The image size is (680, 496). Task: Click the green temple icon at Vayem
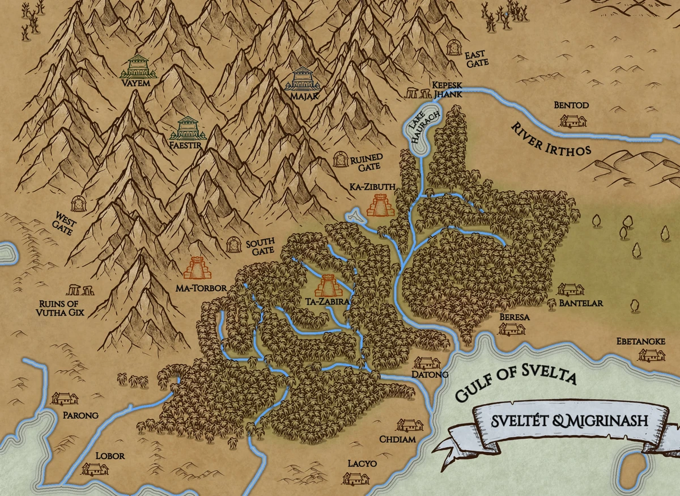click(x=138, y=66)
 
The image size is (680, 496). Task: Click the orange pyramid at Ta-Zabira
click(x=329, y=287)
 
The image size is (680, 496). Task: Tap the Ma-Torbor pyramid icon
click(x=197, y=269)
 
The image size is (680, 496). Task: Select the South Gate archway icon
click(x=233, y=245)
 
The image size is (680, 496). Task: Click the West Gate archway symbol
click(x=79, y=204)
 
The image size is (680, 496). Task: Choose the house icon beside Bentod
click(x=572, y=120)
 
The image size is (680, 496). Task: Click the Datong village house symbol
click(x=427, y=363)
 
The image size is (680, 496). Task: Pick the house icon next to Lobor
click(x=94, y=468)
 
